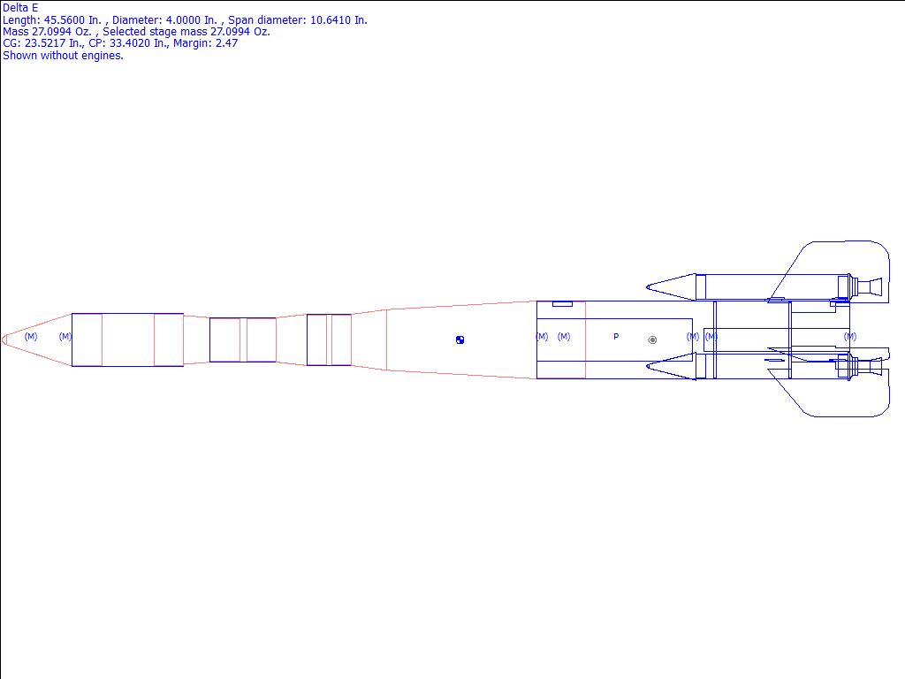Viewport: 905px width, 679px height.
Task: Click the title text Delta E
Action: coord(20,8)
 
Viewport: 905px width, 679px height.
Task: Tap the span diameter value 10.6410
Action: coord(331,20)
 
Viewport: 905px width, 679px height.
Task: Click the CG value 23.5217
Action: coord(45,43)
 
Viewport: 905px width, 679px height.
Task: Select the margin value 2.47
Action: coord(227,43)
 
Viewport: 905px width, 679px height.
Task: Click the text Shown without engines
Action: coord(63,56)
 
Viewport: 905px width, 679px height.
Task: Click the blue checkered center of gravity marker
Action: coord(460,340)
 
